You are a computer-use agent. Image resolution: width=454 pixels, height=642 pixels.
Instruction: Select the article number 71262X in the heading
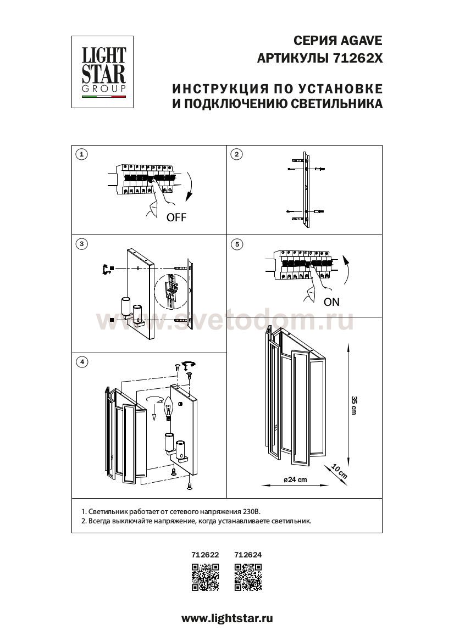357,59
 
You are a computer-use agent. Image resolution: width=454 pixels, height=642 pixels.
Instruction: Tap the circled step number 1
82,154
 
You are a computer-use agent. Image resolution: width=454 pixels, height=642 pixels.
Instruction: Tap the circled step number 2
237,154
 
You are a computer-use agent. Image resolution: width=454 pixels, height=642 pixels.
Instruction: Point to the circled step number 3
82,244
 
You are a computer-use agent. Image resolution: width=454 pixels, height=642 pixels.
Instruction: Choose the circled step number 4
82,362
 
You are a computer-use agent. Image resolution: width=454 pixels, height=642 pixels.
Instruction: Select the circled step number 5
237,244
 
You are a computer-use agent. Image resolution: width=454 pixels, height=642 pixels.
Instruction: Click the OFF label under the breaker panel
176,217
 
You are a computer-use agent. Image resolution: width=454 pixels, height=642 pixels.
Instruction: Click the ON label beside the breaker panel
331,302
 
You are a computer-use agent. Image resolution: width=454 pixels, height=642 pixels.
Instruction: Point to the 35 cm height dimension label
354,405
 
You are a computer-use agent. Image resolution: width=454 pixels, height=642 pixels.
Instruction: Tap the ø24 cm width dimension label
295,479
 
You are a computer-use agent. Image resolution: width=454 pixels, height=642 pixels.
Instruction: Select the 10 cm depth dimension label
339,471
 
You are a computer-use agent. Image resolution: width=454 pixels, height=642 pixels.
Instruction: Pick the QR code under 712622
205,577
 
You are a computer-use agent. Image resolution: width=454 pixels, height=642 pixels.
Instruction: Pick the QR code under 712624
248,577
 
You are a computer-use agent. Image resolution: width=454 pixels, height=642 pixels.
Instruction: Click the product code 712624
248,555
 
